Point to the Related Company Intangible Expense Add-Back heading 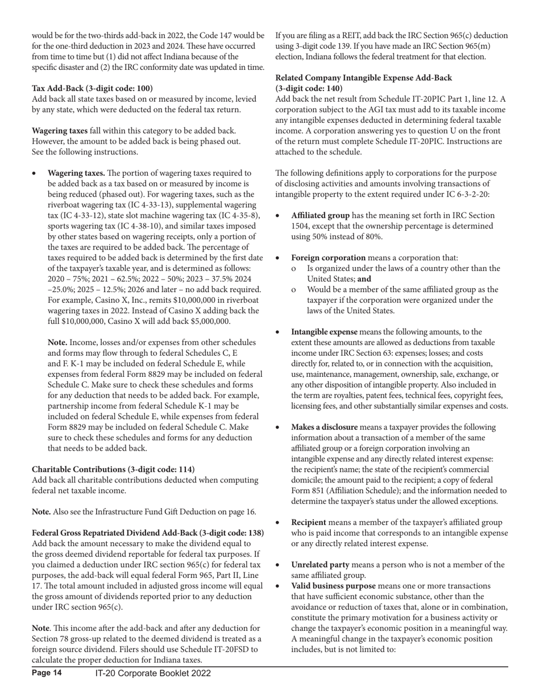364,77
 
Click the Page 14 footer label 47,689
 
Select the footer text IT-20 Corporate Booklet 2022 153,689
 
